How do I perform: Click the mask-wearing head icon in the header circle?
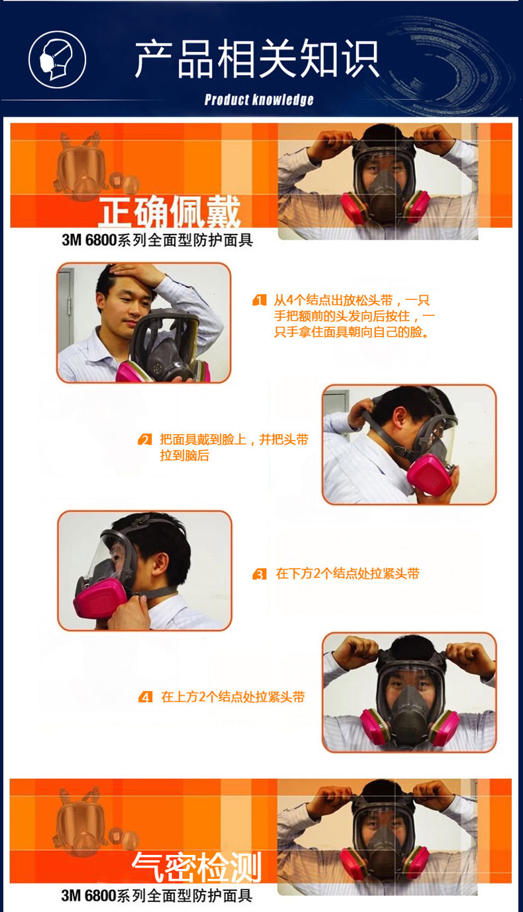tap(56, 60)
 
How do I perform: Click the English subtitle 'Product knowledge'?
tap(259, 99)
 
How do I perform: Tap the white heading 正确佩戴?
tap(169, 211)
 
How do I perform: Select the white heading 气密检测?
tap(197, 866)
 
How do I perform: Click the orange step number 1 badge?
tap(260, 300)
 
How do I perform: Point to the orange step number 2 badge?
tap(145, 439)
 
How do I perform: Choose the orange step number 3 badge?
tap(260, 574)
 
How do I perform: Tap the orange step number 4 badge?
tap(145, 697)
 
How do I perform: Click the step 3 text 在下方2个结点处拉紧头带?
tap(348, 574)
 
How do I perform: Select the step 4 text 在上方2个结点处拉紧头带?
tap(232, 697)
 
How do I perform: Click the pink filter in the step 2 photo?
tap(430, 473)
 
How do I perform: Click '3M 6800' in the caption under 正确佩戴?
tap(89, 240)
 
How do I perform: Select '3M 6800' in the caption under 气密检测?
tap(89, 895)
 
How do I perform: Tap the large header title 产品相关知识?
tap(257, 59)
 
